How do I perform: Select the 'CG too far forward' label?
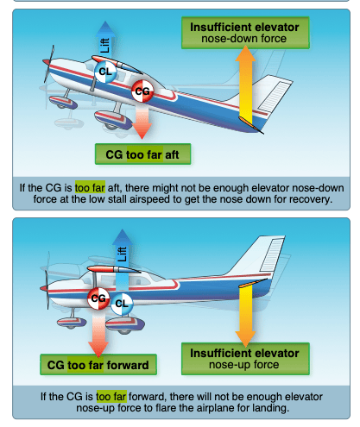pos(98,365)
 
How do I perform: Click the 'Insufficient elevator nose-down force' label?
pos(244,33)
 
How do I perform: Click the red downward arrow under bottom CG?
pos(98,331)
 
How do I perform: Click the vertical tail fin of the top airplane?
pos(275,95)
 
